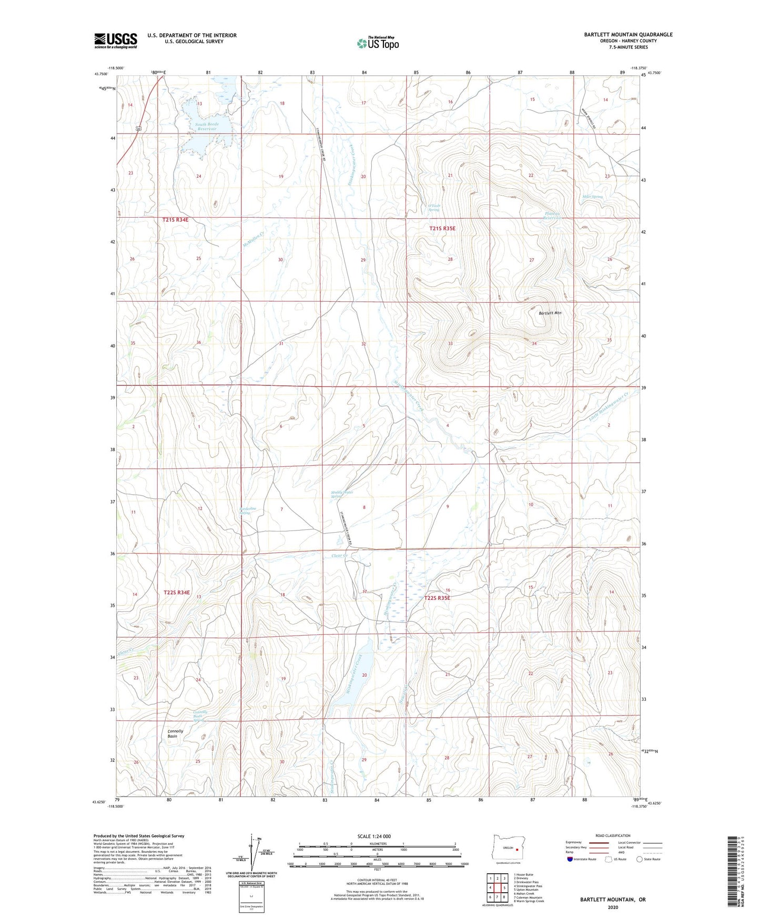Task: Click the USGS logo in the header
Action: (x=115, y=40)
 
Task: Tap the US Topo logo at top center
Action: (x=378, y=43)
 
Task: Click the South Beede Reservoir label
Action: (x=206, y=127)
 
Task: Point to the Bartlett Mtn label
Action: (x=550, y=313)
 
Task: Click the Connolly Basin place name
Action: (x=175, y=734)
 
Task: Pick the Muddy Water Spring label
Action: (x=342, y=494)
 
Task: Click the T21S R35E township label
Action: (x=442, y=229)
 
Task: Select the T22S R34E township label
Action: (x=176, y=593)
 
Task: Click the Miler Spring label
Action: (x=592, y=197)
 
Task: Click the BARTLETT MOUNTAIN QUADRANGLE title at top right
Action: (x=628, y=35)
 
